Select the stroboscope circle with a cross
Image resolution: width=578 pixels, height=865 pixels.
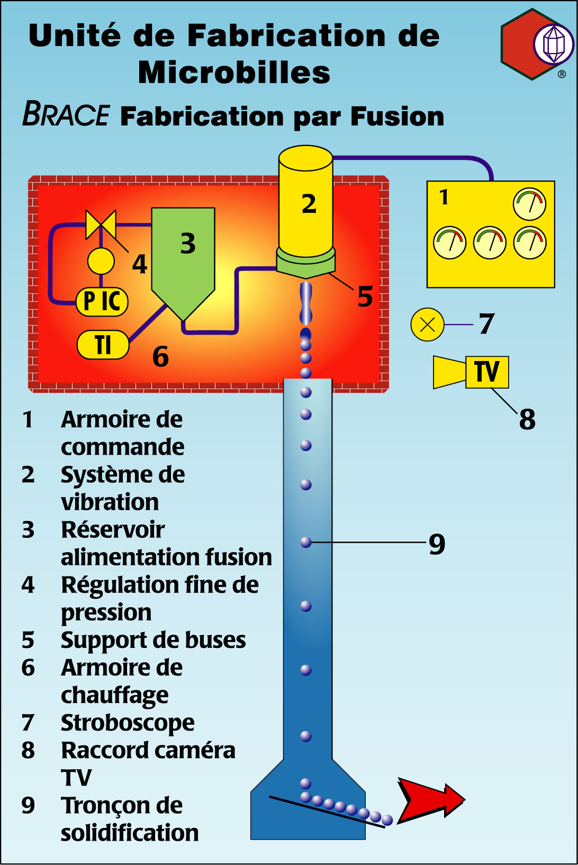pos(427,324)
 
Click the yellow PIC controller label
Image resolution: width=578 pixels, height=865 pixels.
pos(102,301)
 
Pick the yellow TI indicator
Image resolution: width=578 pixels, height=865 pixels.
pos(103,345)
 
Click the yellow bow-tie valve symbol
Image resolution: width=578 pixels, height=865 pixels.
pos(101,224)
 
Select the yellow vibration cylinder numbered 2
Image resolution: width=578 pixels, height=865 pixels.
pos(306,201)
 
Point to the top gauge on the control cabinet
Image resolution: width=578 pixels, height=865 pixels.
pos(529,204)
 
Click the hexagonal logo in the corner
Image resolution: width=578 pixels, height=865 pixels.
pos(536,44)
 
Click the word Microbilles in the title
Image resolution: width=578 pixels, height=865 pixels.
pos(234,73)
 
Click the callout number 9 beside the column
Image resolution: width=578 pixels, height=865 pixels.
pos(437,544)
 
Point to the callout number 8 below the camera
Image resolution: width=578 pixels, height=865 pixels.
pos(527,419)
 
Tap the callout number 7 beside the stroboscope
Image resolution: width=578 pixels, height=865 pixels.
pos(486,324)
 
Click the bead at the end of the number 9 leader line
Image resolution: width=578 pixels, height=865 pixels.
pos(306,542)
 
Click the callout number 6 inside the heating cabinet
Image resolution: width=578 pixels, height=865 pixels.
pos(160,357)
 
